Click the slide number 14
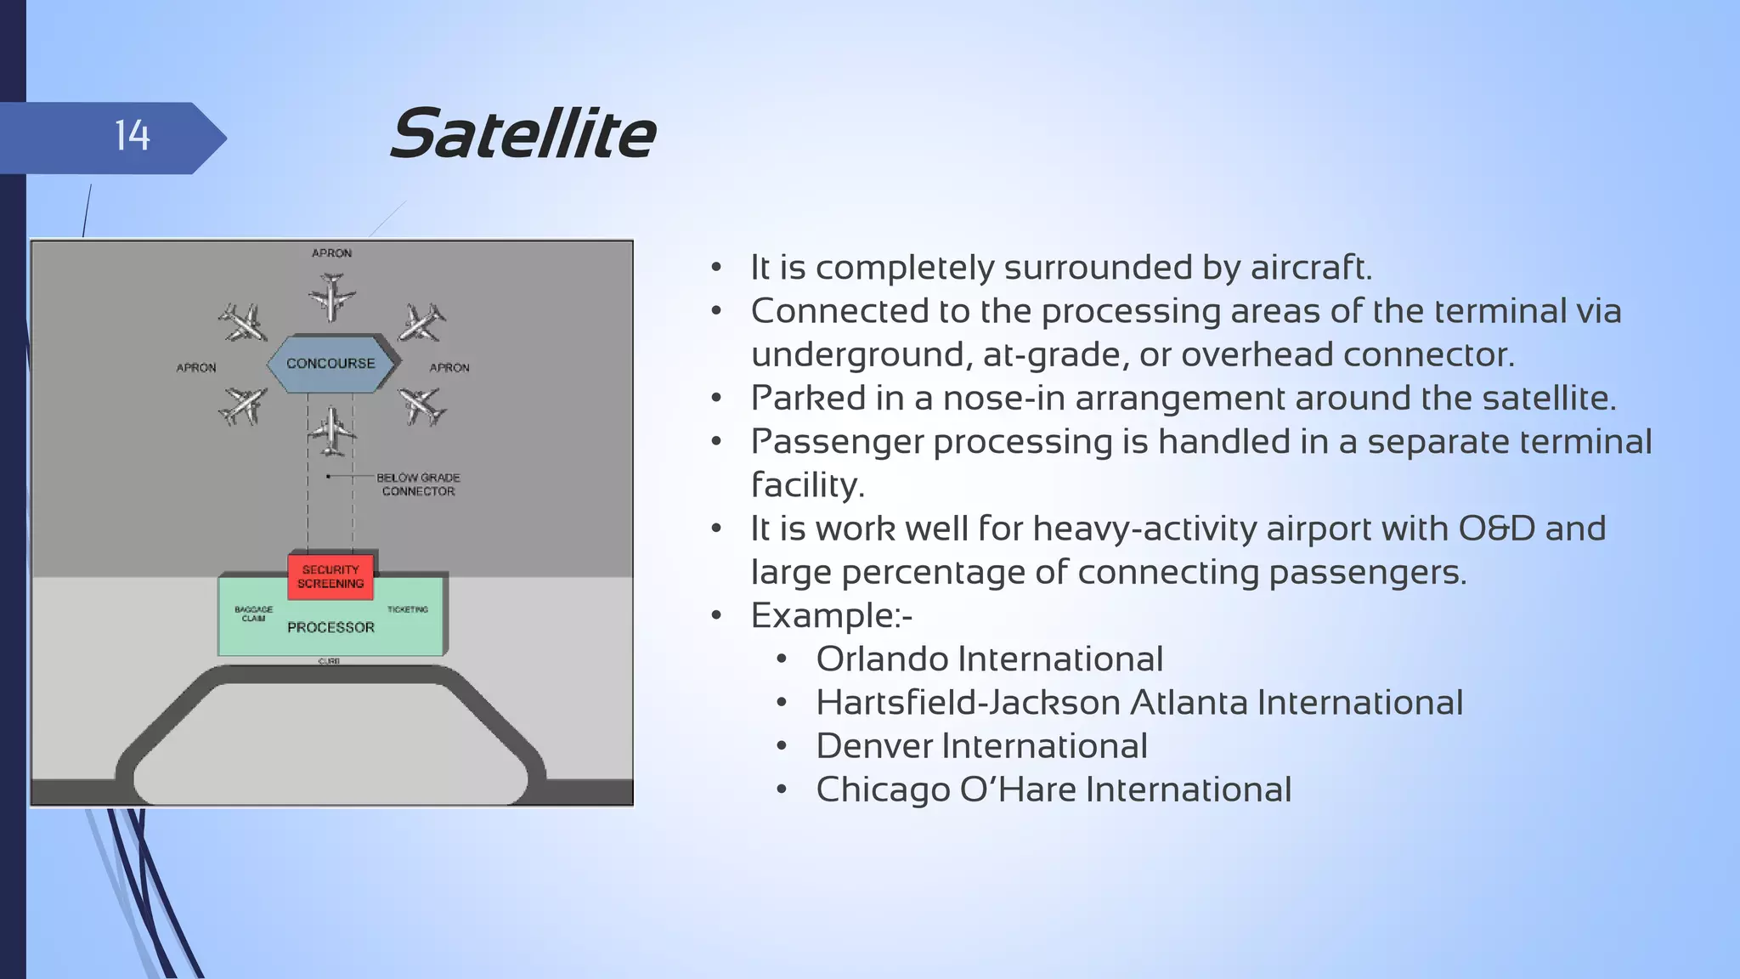pyautogui.click(x=133, y=136)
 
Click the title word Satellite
pyautogui.click(x=523, y=134)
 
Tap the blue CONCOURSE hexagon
pyautogui.click(x=330, y=364)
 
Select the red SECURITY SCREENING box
pyautogui.click(x=330, y=577)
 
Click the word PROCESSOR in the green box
pyautogui.click(x=330, y=627)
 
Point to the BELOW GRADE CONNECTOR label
pyautogui.click(x=418, y=484)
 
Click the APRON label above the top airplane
pyautogui.click(x=331, y=253)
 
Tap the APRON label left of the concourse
pyautogui.click(x=196, y=368)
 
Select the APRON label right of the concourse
pyautogui.click(x=449, y=368)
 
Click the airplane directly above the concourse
pyautogui.click(x=331, y=297)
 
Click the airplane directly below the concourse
pyautogui.click(x=331, y=431)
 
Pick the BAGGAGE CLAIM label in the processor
pyautogui.click(x=253, y=614)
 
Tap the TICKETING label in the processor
pyautogui.click(x=408, y=609)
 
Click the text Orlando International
pyautogui.click(x=989, y=659)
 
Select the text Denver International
pyautogui.click(x=981, y=746)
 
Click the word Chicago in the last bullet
pyautogui.click(x=883, y=790)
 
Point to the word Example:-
pyautogui.click(x=831, y=616)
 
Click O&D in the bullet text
pyautogui.click(x=1496, y=529)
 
